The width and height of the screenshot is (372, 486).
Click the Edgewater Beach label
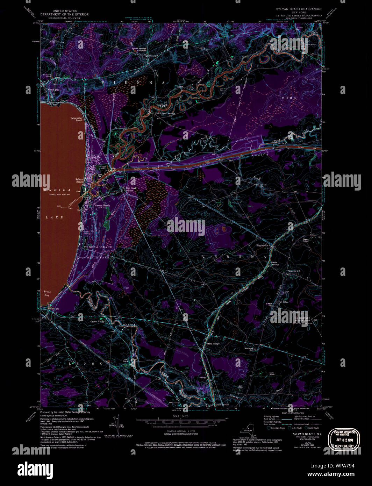click(76, 119)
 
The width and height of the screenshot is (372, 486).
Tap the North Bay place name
click(53, 90)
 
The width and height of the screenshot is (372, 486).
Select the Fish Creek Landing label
click(165, 114)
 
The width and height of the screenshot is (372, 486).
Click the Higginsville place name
click(262, 245)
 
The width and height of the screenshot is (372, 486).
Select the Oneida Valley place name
click(98, 322)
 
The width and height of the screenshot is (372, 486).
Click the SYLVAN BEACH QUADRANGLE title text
click(299, 9)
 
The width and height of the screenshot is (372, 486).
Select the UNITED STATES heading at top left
click(64, 11)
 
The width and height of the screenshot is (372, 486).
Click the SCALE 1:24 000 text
click(181, 416)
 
